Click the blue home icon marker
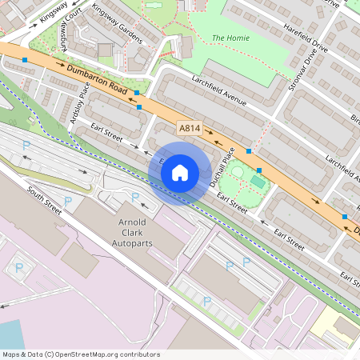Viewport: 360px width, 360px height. click(x=180, y=173)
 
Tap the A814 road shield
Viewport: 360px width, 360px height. click(x=190, y=128)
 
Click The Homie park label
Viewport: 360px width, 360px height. click(x=230, y=38)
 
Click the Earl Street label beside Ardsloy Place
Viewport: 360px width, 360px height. click(x=106, y=133)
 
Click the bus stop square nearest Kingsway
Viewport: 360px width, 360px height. click(x=26, y=60)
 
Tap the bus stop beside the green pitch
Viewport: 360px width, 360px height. click(x=259, y=170)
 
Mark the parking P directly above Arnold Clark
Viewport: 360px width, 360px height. click(x=135, y=197)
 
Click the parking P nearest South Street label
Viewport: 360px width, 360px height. click(x=67, y=200)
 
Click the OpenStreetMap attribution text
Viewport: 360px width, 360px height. click(x=80, y=354)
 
